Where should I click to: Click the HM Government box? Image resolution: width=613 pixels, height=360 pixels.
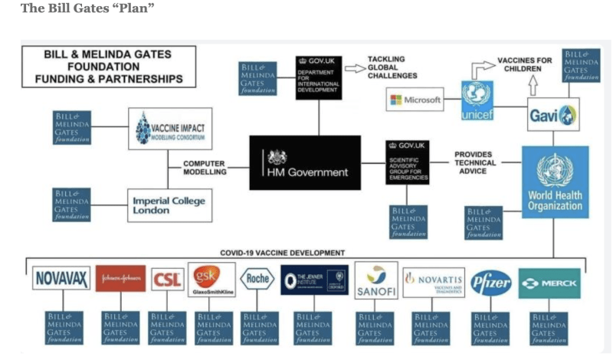pyautogui.click(x=305, y=162)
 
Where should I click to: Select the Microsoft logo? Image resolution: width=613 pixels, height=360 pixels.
pyautogui.click(x=415, y=100)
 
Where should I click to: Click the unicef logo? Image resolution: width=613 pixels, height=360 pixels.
pyautogui.click(x=477, y=100)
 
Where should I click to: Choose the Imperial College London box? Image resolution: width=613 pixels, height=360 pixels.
pyautogui.click(x=169, y=205)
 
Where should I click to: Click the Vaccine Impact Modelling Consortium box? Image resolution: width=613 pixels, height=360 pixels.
pyautogui.click(x=169, y=127)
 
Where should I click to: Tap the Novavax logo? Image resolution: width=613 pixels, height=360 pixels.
pyautogui.click(x=61, y=278)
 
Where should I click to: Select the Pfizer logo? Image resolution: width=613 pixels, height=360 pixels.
pyautogui.click(x=490, y=283)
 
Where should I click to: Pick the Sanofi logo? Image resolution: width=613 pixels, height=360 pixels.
pyautogui.click(x=375, y=280)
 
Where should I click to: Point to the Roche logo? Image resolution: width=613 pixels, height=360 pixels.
pyautogui.click(x=257, y=279)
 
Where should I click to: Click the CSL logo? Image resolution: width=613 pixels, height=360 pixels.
pyautogui.click(x=167, y=280)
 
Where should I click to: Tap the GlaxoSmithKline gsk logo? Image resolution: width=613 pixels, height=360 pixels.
pyautogui.click(x=211, y=280)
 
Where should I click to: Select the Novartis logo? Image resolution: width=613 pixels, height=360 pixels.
pyautogui.click(x=433, y=282)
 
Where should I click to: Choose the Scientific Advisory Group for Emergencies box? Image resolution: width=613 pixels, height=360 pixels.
pyautogui.click(x=407, y=162)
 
